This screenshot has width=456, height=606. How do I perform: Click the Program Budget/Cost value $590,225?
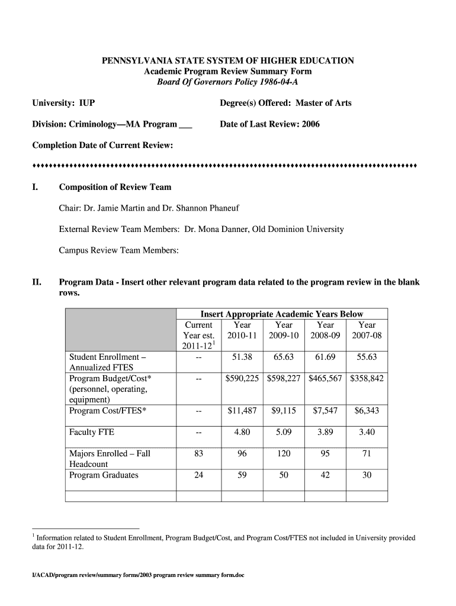(242, 378)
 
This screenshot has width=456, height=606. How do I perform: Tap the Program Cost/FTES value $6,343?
(367, 411)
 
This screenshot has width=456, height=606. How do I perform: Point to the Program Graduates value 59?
(242, 475)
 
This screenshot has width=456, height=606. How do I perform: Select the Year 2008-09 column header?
(325, 330)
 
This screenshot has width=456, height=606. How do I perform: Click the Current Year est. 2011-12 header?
(199, 335)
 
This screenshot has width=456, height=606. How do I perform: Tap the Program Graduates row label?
(104, 475)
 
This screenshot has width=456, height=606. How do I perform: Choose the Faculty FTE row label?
(92, 432)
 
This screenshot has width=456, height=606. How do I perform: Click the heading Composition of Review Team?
(115, 187)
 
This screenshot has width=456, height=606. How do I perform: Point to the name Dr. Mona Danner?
(217, 229)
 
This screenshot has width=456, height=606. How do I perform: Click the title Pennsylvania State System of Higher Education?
(228, 60)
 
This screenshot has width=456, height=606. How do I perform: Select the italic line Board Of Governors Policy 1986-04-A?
(228, 82)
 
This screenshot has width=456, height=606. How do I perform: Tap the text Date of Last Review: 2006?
(269, 124)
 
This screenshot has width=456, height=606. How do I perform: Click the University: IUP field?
(63, 103)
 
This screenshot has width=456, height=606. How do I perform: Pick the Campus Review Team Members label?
(118, 250)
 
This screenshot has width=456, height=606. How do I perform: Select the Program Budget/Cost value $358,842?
(367, 378)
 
